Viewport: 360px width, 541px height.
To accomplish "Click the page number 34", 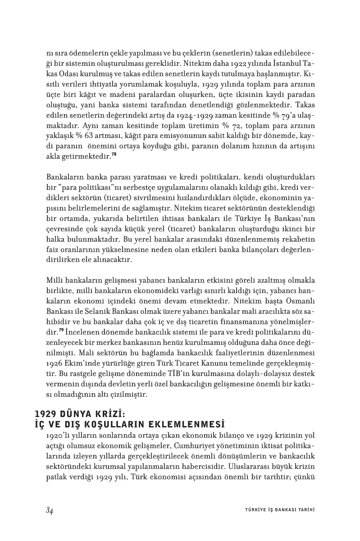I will click(x=50, y=510).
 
